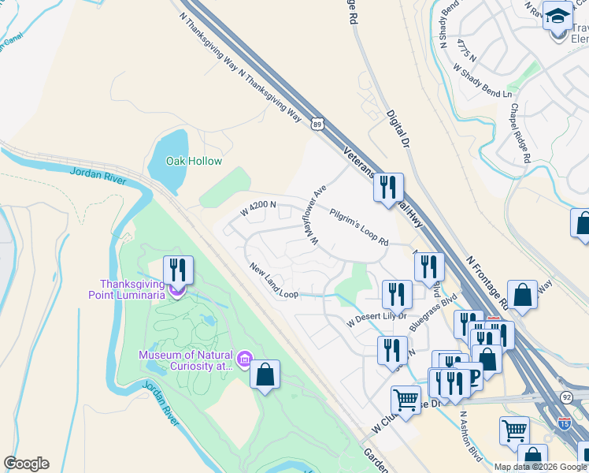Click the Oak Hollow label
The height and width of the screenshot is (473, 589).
(194, 162)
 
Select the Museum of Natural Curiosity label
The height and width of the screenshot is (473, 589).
(187, 360)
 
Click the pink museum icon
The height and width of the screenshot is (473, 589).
(245, 361)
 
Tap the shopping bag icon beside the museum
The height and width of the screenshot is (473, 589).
(265, 374)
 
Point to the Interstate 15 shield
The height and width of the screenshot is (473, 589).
(564, 423)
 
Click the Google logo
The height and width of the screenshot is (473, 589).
(26, 464)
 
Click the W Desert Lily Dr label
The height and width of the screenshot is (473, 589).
(377, 319)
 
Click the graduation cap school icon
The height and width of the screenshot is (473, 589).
(558, 15)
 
